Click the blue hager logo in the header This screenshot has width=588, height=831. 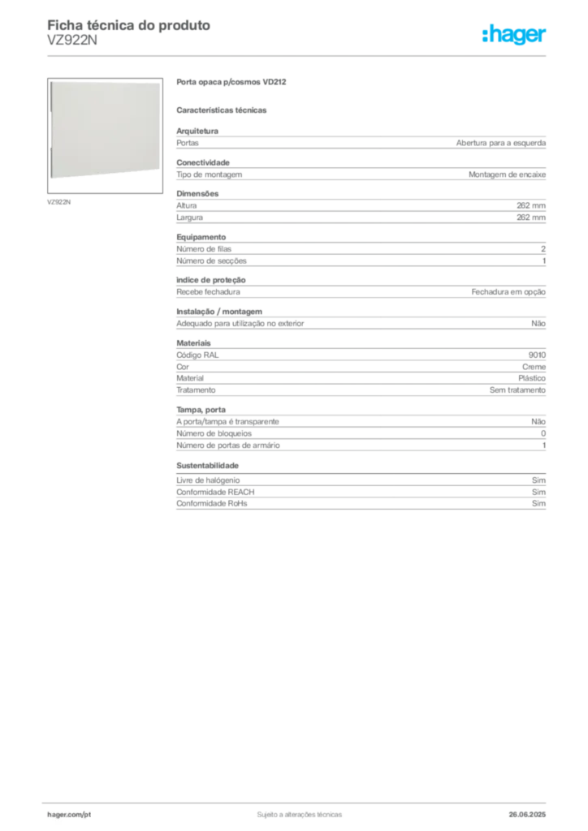point(516,36)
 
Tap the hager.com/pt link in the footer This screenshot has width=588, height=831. point(69,813)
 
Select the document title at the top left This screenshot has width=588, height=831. point(129,24)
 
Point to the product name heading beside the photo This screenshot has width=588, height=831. point(233,84)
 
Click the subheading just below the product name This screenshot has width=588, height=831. point(223,109)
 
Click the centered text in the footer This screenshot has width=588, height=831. point(297,811)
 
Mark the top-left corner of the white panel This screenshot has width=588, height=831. point(50,82)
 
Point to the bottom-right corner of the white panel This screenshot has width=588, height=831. point(160,178)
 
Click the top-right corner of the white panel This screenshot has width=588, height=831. point(160,82)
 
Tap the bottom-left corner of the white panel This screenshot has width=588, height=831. point(50,178)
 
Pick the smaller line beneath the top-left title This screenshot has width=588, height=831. point(71,44)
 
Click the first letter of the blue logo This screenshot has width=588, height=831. point(483,36)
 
